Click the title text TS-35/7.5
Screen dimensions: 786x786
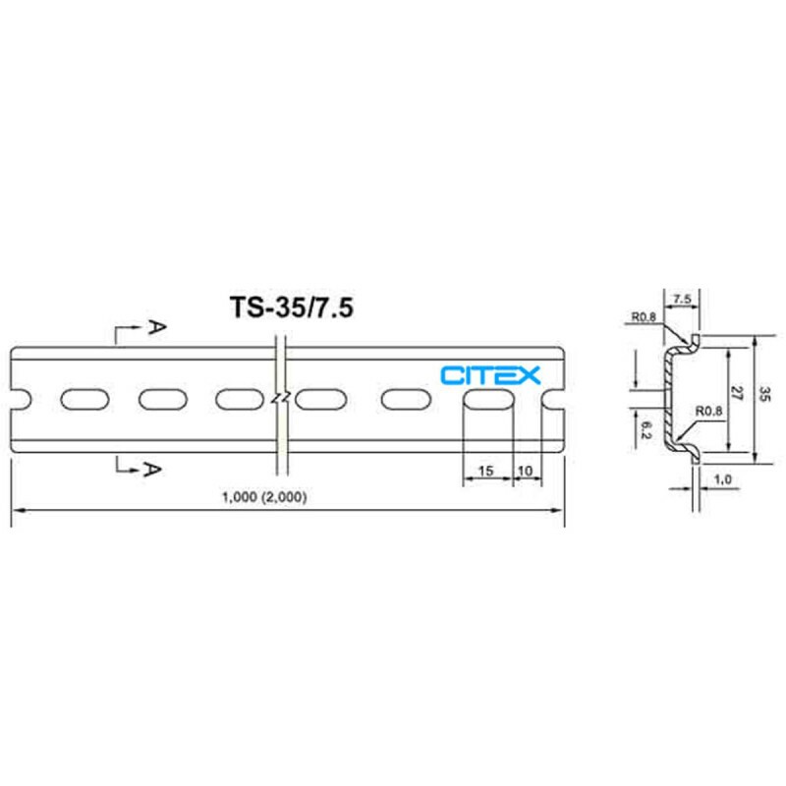tap(292, 307)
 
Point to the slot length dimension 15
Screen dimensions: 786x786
tap(485, 472)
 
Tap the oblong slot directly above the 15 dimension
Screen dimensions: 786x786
tap(487, 400)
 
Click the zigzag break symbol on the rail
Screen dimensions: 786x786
tap(281, 399)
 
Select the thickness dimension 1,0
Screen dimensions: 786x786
tap(723, 479)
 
